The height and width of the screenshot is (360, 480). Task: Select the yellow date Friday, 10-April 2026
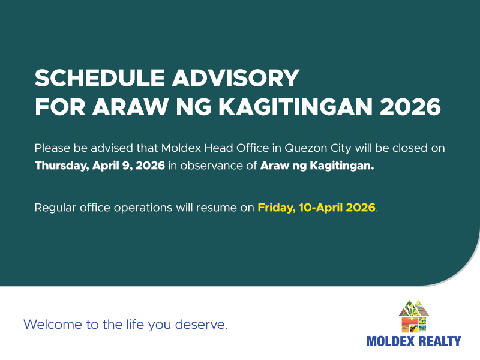(316, 208)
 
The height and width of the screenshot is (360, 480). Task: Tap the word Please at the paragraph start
(52, 148)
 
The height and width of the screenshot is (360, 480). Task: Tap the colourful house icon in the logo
(414, 316)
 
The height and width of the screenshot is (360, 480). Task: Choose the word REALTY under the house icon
(440, 341)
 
